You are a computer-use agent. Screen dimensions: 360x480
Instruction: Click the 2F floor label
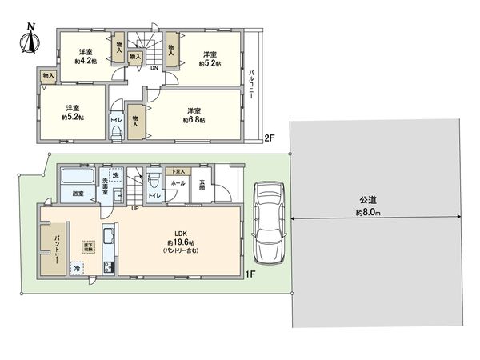pos(270,138)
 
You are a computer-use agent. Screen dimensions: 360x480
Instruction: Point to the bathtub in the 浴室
pos(78,176)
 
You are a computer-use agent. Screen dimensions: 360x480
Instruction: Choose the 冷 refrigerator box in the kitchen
pos(78,269)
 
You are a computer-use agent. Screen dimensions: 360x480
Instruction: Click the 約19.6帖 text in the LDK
pos(182,242)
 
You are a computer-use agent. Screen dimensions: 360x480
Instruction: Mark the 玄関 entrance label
pos(202,189)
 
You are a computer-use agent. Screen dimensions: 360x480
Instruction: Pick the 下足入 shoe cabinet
pos(176,171)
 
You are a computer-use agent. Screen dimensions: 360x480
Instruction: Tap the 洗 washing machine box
pos(115,175)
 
